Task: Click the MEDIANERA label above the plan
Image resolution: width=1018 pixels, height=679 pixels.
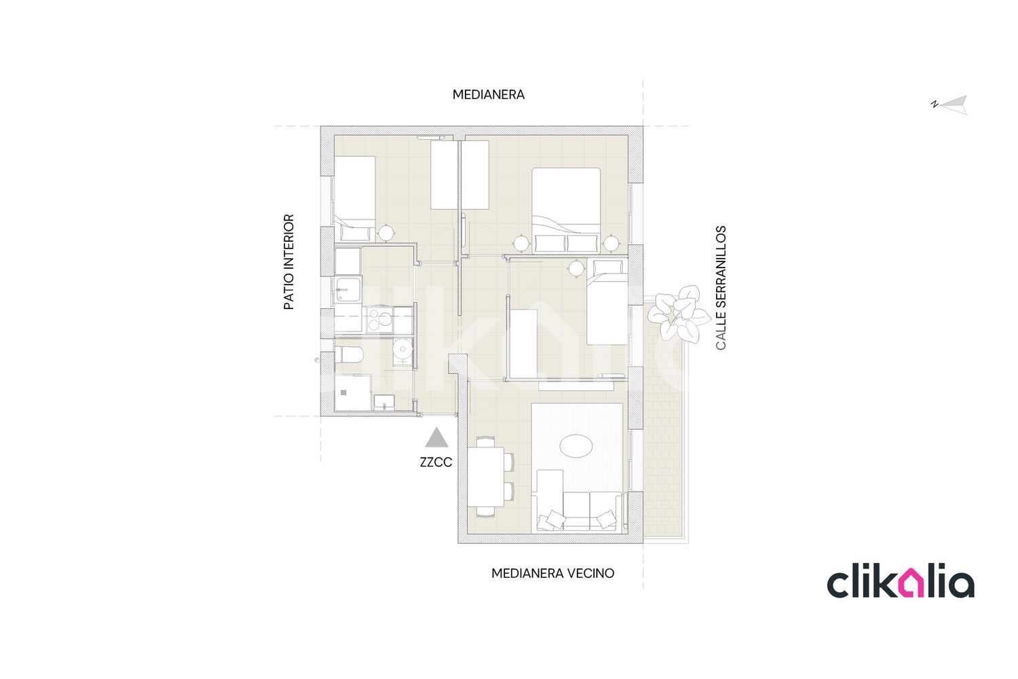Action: pos(489,94)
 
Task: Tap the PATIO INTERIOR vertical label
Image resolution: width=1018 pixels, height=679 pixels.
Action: pos(289,262)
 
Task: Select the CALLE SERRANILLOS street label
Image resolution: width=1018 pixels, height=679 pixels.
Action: pos(721,288)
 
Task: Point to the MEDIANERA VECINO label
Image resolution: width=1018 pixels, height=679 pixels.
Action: pos(552,574)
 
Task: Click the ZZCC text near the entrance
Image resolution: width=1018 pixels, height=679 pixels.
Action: pos(436,462)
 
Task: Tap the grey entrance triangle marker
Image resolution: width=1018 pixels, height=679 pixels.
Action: pos(437,437)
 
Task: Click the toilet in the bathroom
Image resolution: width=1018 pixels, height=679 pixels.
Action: pos(349,354)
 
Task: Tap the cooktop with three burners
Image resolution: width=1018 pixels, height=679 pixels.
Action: pos(380,319)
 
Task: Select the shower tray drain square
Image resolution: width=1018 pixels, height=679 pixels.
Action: pos(343,392)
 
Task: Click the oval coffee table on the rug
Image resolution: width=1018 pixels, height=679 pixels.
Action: pos(576,445)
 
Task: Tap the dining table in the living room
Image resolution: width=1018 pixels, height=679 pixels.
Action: pos(486,477)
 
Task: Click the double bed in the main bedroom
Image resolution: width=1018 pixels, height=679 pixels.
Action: pos(566,210)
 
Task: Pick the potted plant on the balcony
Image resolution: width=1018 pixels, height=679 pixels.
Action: pos(679,313)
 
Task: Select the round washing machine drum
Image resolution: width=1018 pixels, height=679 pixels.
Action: pos(402,349)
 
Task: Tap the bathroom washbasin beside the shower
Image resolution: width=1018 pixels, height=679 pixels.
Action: pos(384,402)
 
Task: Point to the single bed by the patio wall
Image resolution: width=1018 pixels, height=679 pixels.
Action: pos(355,198)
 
